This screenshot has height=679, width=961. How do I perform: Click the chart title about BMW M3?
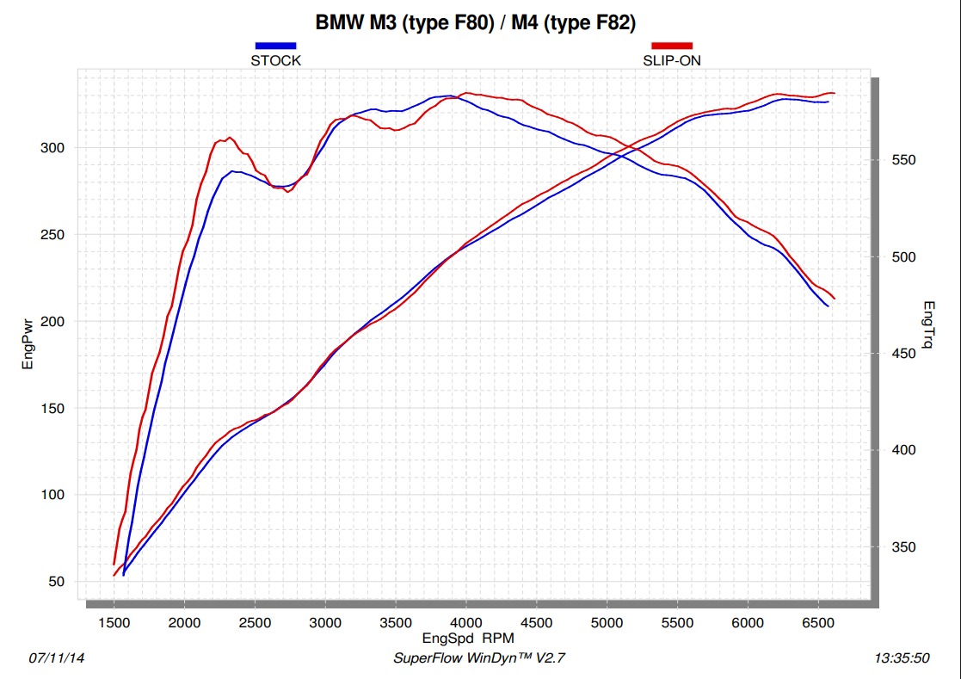point(476,23)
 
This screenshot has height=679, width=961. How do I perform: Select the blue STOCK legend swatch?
point(275,46)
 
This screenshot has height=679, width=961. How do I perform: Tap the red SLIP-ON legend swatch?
point(672,46)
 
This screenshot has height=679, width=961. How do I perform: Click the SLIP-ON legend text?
point(672,61)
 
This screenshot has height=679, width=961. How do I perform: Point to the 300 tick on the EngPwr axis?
point(53,148)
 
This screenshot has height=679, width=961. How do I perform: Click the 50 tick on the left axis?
point(57,582)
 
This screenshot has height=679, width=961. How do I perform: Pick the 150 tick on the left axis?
point(53,408)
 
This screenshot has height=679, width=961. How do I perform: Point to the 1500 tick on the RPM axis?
point(114,622)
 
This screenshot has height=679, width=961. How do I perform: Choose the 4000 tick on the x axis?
point(466,622)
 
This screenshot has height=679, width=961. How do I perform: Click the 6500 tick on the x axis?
point(818,622)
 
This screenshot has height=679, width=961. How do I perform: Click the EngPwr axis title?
point(28,344)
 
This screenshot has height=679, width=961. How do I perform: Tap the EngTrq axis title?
point(928,325)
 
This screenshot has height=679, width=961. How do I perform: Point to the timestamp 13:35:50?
point(902,658)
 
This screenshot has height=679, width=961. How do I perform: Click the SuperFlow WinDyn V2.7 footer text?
point(479,658)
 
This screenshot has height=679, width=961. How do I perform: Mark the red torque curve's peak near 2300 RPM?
point(229,138)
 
